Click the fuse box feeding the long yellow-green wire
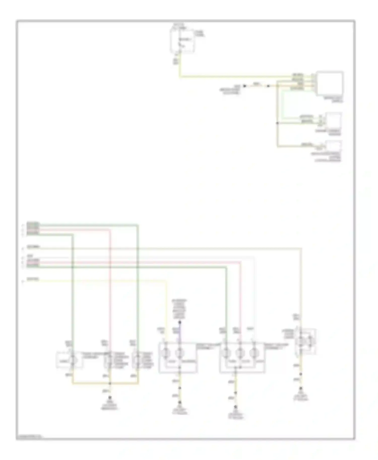coord(182,40)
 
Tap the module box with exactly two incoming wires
coord(334,120)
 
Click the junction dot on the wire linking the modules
coord(277,123)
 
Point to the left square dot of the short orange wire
coord(244,86)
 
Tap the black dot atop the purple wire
coord(180,322)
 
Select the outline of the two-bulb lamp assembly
coord(178,357)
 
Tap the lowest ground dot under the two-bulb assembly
coord(180,402)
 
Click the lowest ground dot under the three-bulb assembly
coord(236,407)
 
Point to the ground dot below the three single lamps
coord(110,398)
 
